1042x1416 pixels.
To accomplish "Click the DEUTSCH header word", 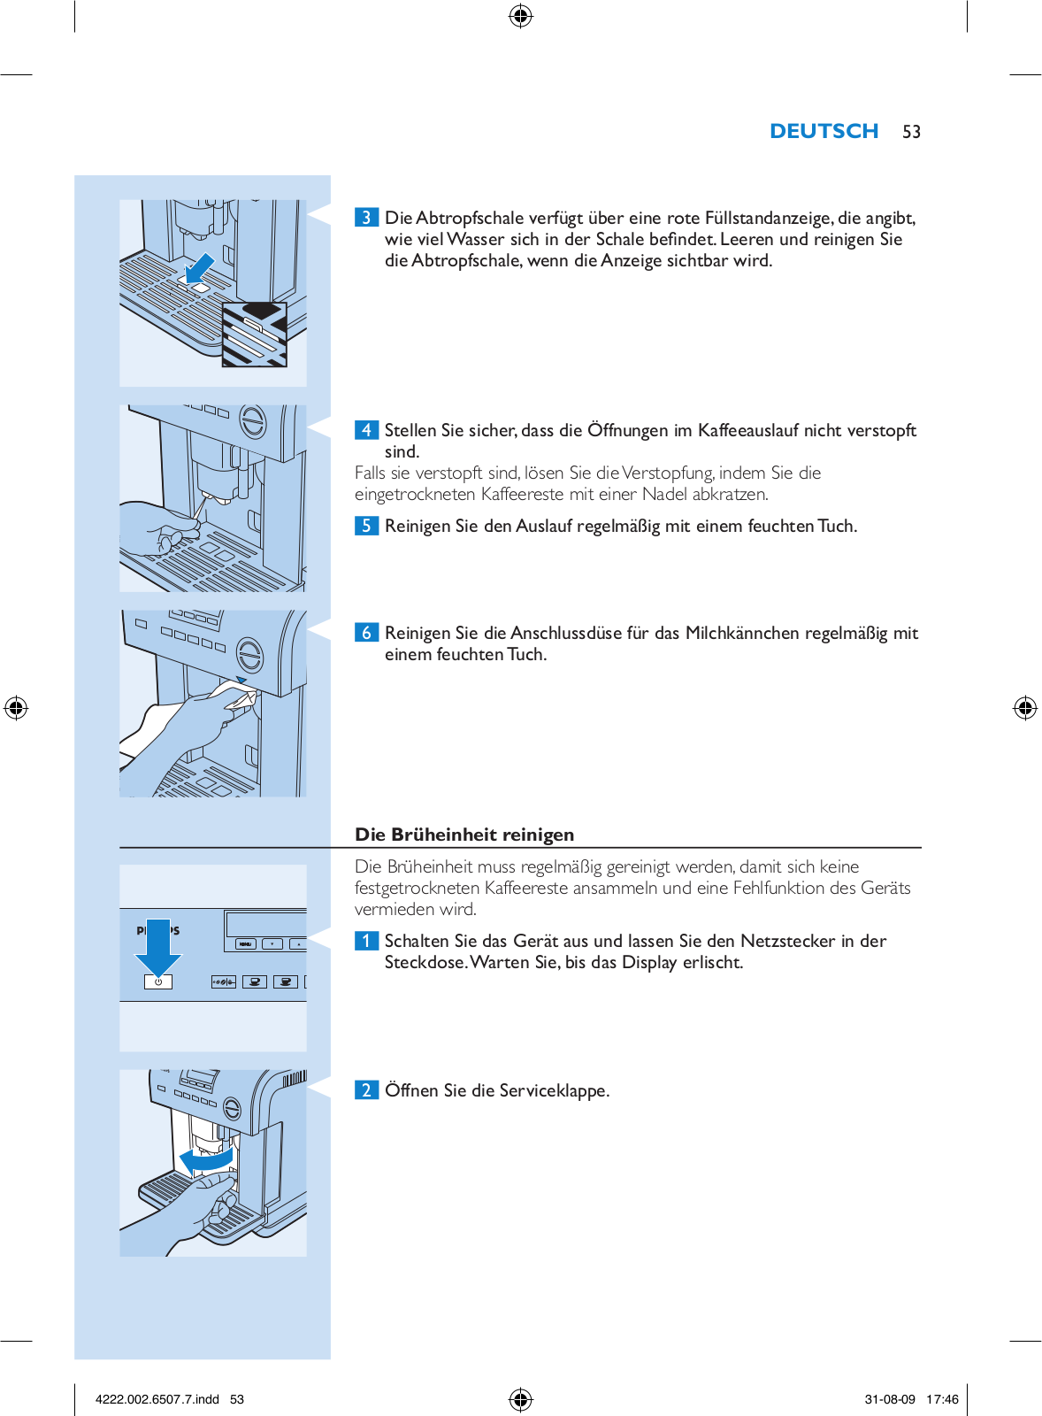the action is (824, 131).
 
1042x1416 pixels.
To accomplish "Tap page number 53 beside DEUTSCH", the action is (911, 132).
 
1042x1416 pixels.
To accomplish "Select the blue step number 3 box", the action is (366, 218).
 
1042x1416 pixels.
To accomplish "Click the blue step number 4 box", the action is (366, 430).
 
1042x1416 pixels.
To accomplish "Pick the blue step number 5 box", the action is (366, 526).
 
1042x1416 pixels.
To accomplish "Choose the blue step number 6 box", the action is (366, 633).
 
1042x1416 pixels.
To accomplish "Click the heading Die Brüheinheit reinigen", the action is (464, 835).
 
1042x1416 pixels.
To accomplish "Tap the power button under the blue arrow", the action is (158, 981).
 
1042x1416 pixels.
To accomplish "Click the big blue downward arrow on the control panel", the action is (158, 945).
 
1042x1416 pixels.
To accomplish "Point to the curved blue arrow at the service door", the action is (206, 1158).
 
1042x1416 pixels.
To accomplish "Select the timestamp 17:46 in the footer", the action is (942, 1399).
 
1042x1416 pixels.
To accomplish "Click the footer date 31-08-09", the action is (890, 1399).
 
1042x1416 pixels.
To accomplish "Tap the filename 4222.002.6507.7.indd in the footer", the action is (157, 1399).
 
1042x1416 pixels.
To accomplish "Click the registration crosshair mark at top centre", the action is (521, 16).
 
